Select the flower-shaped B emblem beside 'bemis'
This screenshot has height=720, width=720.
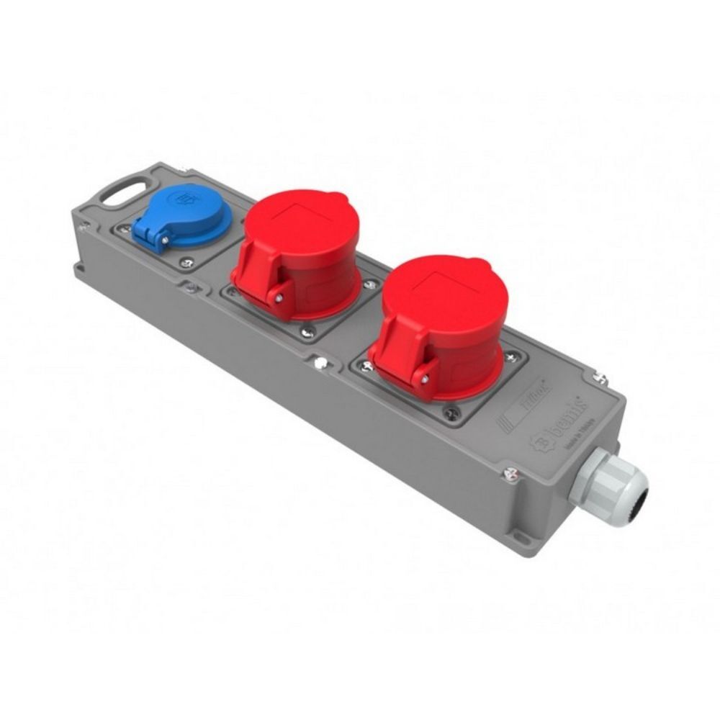point(538,441)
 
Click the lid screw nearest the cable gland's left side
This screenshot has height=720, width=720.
point(510,473)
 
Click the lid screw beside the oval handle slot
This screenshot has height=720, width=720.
point(84,227)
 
